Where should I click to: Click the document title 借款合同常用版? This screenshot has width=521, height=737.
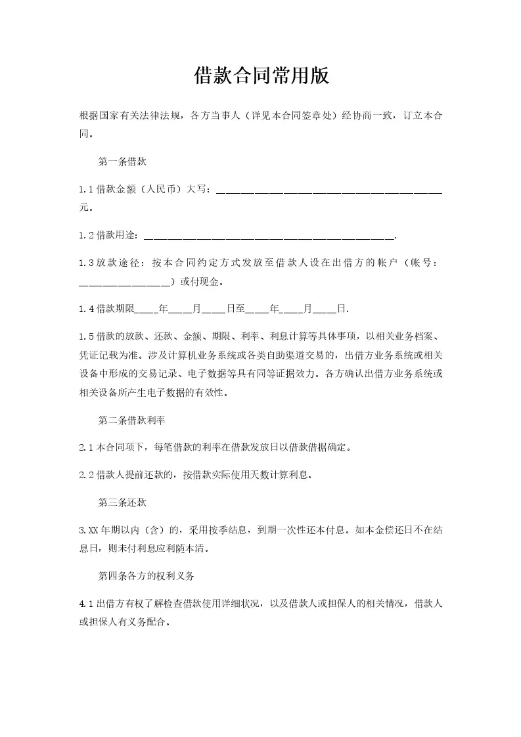pos(261,76)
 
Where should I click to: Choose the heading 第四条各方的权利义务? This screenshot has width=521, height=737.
pos(145,575)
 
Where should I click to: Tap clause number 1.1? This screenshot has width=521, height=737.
pos(86,190)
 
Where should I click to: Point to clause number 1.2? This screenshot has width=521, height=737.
pos(86,236)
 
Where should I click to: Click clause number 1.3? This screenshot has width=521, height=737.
pos(86,263)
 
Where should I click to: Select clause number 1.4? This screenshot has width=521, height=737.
pos(86,309)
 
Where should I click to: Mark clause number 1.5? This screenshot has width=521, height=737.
pos(86,336)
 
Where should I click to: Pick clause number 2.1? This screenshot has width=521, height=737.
pos(86,448)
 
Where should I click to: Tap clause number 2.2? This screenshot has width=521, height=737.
pos(86,475)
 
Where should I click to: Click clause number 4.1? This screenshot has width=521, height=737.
pos(86,604)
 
